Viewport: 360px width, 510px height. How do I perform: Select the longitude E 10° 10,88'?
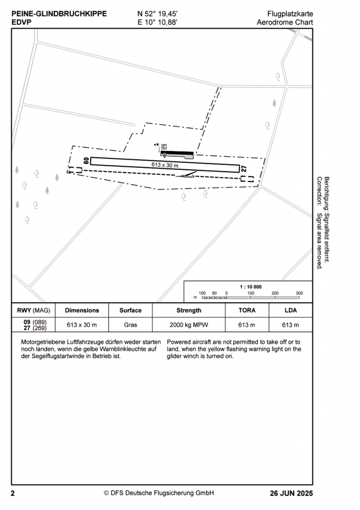pyautogui.click(x=157, y=22)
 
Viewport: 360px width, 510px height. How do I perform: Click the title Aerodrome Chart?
pyautogui.click(x=285, y=22)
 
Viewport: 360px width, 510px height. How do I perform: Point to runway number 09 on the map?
pyautogui.click(x=86, y=161)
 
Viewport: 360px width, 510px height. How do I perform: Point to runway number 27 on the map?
pyautogui.click(x=244, y=169)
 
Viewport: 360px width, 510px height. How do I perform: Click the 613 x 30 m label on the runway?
pyautogui.click(x=165, y=165)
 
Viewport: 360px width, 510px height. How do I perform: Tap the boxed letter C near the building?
pyautogui.click(x=164, y=146)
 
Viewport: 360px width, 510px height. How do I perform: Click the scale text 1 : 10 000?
pyautogui.click(x=250, y=287)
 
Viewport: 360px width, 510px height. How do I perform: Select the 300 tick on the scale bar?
pyautogui.click(x=299, y=293)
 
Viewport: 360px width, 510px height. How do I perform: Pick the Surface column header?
pyautogui.click(x=130, y=310)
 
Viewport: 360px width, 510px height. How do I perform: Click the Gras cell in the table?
pyautogui.click(x=130, y=325)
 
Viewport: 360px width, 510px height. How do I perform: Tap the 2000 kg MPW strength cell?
pyautogui.click(x=189, y=325)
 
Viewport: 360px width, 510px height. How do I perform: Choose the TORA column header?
pyautogui.click(x=247, y=310)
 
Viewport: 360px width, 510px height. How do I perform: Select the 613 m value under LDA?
pyautogui.click(x=290, y=325)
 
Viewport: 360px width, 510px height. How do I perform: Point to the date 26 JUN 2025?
pyautogui.click(x=291, y=494)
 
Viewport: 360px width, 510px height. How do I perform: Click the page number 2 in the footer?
pyautogui.click(x=13, y=494)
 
